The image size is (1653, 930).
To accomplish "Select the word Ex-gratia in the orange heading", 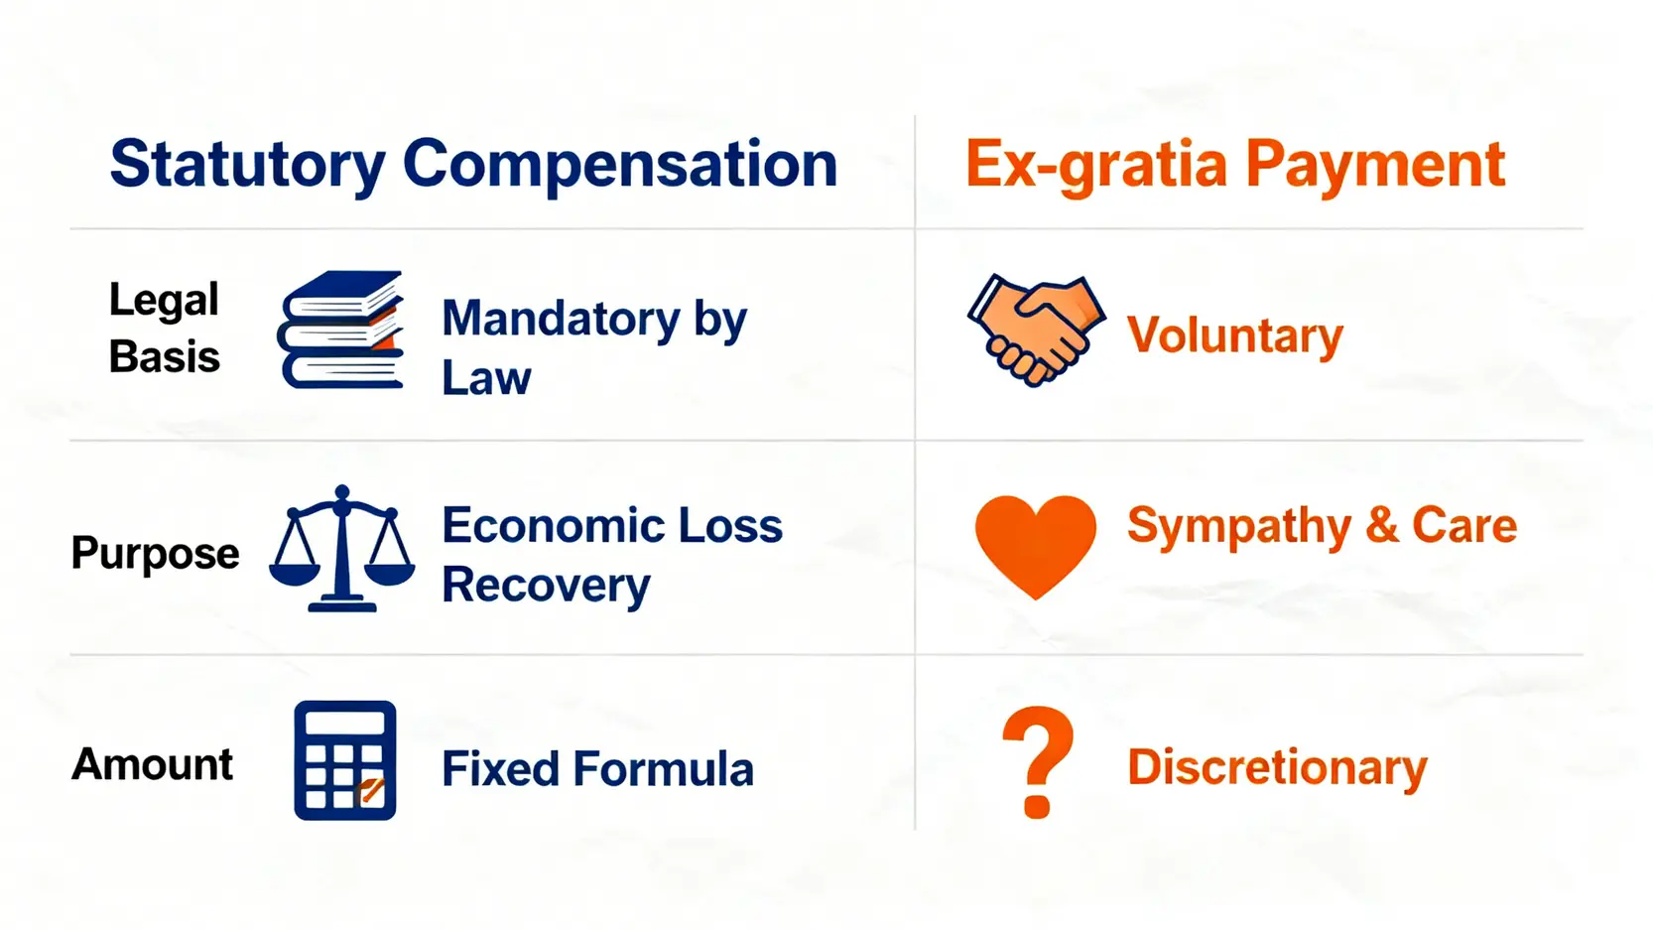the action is point(1096,166).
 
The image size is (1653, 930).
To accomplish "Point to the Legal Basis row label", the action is point(164,329).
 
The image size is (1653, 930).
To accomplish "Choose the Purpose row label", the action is point(155,554).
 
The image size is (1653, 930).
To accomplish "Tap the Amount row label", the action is point(152,764).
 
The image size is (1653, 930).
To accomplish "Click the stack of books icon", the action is point(341,330).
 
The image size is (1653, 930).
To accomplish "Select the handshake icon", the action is point(1036,330).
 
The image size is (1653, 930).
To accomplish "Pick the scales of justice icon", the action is point(341,549).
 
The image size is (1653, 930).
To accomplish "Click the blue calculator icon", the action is point(344,760).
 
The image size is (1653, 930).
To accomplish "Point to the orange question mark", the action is point(1038,762).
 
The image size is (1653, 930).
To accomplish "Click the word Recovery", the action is point(546,587).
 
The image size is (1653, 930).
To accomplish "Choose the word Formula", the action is point(663,769).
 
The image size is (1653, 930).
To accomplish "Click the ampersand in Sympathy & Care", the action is point(1381,525).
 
